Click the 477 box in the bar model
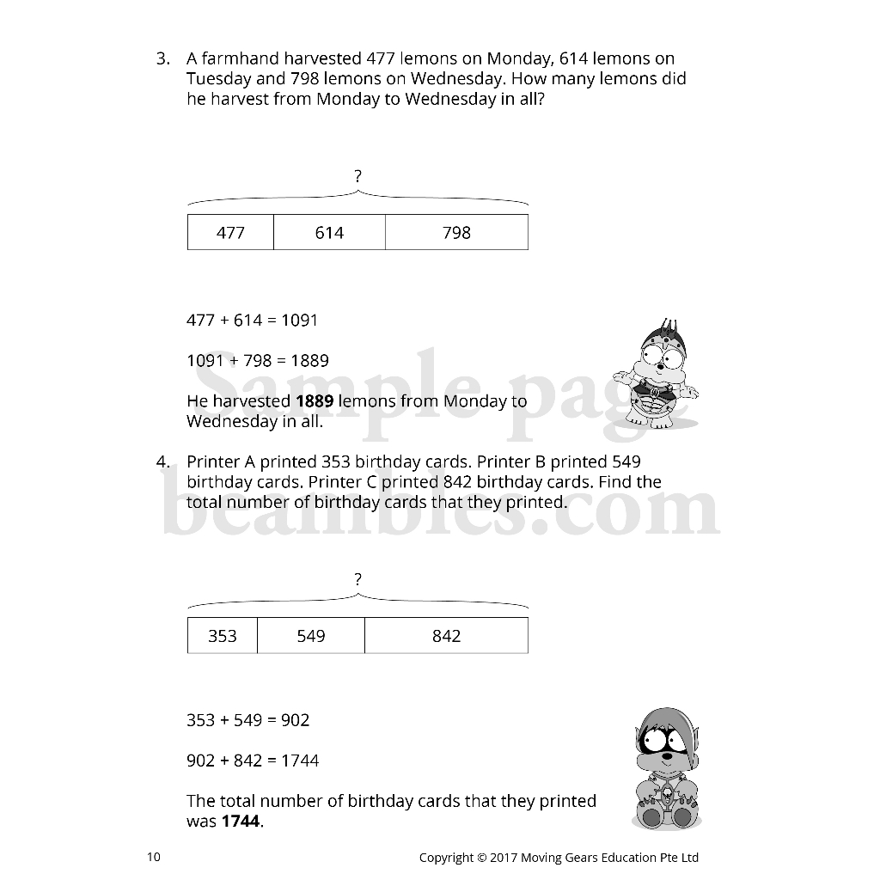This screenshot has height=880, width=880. (x=230, y=233)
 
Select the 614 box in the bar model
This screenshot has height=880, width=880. (x=329, y=233)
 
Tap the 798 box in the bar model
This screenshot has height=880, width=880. (x=456, y=233)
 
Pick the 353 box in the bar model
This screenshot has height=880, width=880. (x=223, y=636)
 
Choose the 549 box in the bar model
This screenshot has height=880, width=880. (x=311, y=636)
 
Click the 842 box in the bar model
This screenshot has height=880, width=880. (x=446, y=636)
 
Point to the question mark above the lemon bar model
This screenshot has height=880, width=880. (x=357, y=177)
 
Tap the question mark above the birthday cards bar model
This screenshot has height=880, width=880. (x=357, y=580)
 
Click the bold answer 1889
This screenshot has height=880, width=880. (x=315, y=401)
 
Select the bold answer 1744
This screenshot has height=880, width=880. (x=240, y=822)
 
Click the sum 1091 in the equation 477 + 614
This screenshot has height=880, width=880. (x=299, y=321)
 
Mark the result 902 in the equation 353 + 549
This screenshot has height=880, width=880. (x=295, y=720)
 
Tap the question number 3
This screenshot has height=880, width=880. (x=162, y=59)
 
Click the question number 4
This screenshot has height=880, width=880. (x=162, y=462)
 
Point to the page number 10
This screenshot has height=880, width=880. (x=153, y=857)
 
